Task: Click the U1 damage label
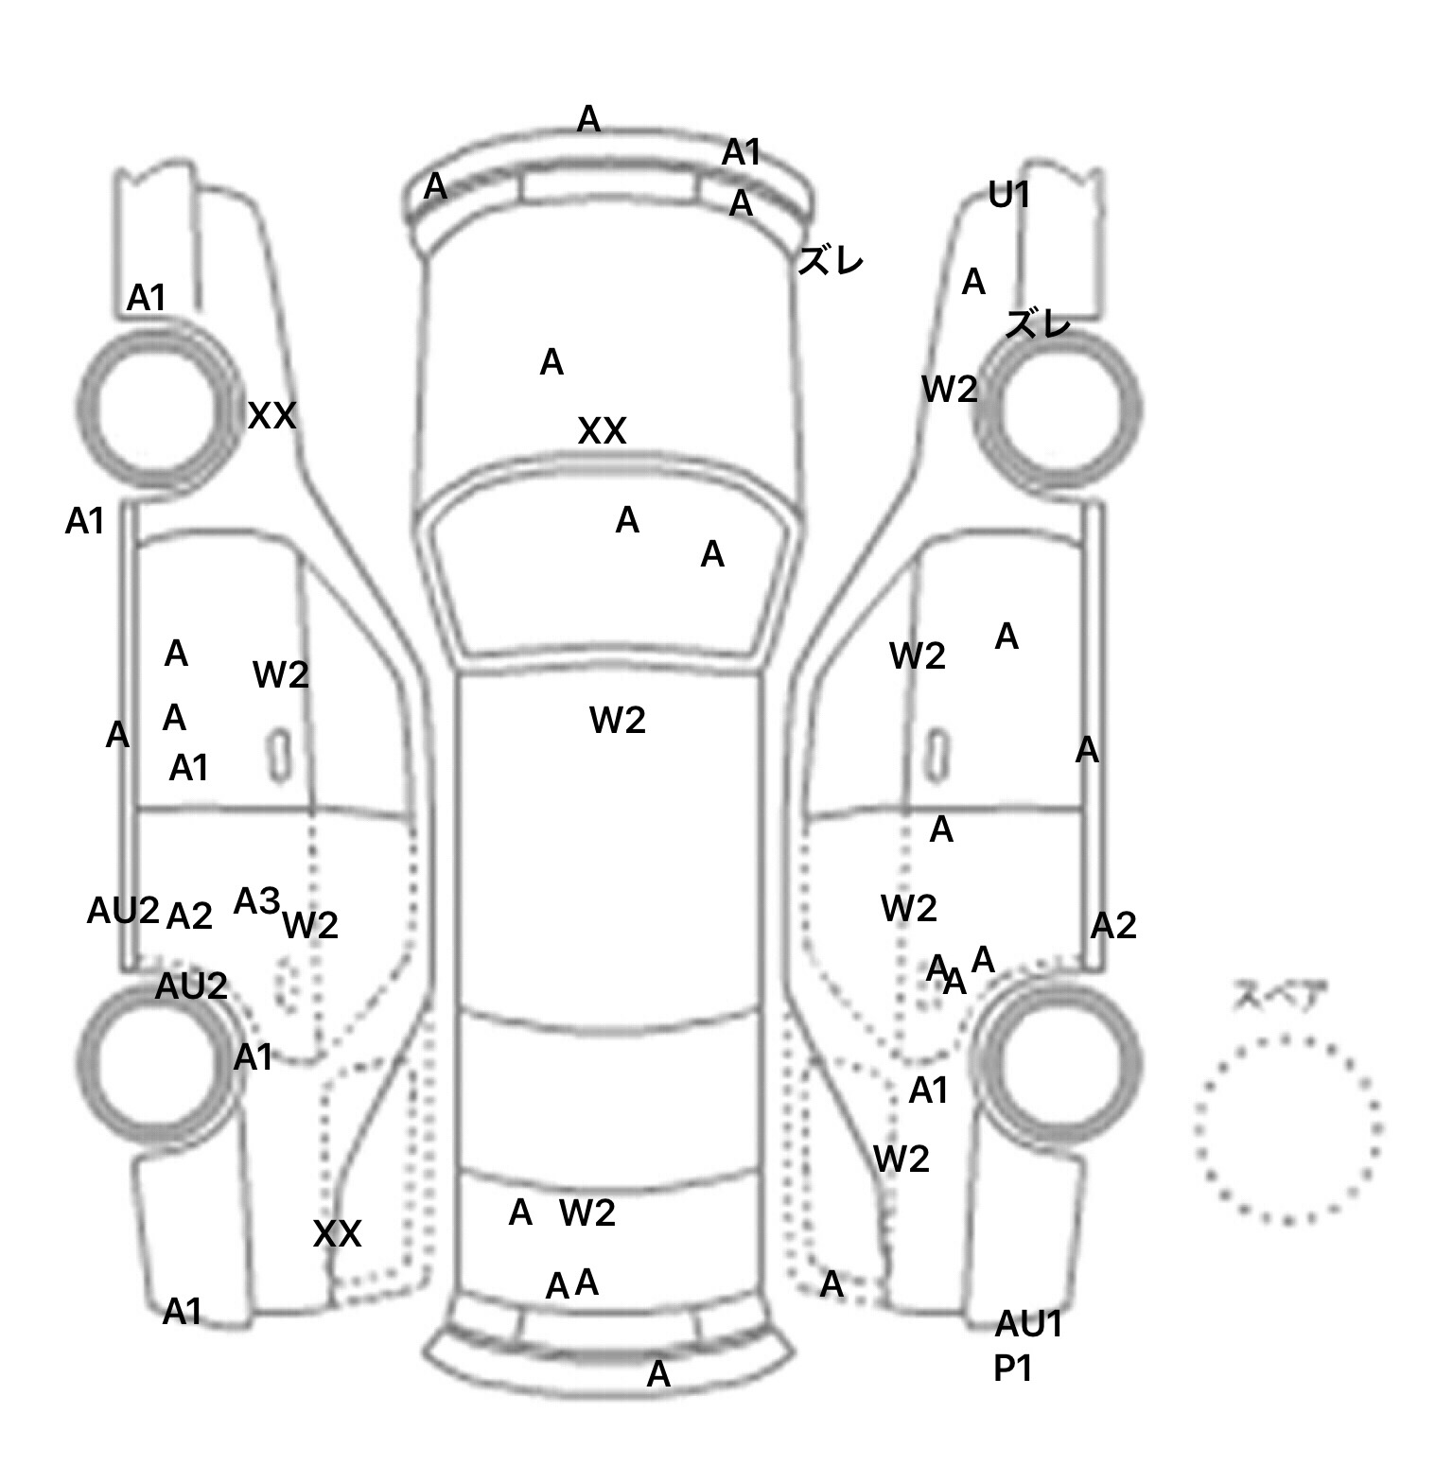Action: pos(1008,196)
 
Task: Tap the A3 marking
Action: pos(257,901)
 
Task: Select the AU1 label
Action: pos(1028,1325)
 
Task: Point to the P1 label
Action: pos(1011,1369)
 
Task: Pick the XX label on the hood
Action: pos(602,432)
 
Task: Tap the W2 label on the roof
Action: pos(617,721)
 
